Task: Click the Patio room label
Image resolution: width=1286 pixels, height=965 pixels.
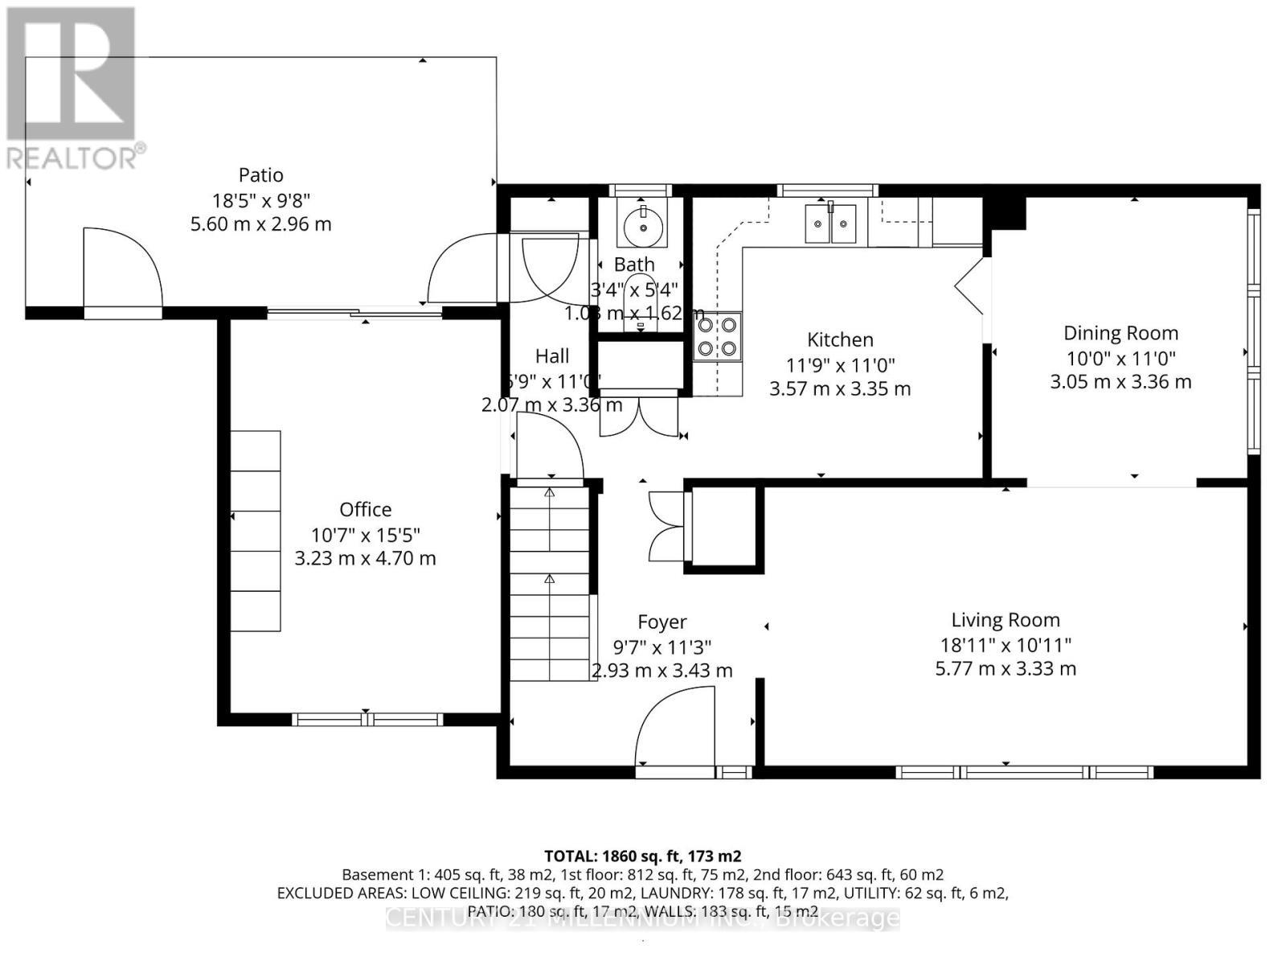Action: [261, 175]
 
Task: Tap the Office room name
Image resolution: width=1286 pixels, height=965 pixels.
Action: [366, 509]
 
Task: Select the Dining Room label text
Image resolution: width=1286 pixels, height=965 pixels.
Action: [1120, 333]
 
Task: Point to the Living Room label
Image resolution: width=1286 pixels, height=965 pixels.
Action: [1005, 620]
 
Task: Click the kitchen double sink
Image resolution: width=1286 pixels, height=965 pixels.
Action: [831, 223]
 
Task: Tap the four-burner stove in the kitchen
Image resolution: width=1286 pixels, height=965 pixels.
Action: [718, 337]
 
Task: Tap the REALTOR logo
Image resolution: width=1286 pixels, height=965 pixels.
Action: [72, 88]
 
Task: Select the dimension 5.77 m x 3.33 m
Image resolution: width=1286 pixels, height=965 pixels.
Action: [1005, 668]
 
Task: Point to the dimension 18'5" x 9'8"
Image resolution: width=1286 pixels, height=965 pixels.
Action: [261, 199]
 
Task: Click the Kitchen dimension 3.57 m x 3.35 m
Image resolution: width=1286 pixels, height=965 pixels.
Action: [840, 389]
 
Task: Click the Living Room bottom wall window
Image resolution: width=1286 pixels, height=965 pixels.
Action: [1025, 772]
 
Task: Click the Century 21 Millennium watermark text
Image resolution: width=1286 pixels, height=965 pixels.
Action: [642, 918]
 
